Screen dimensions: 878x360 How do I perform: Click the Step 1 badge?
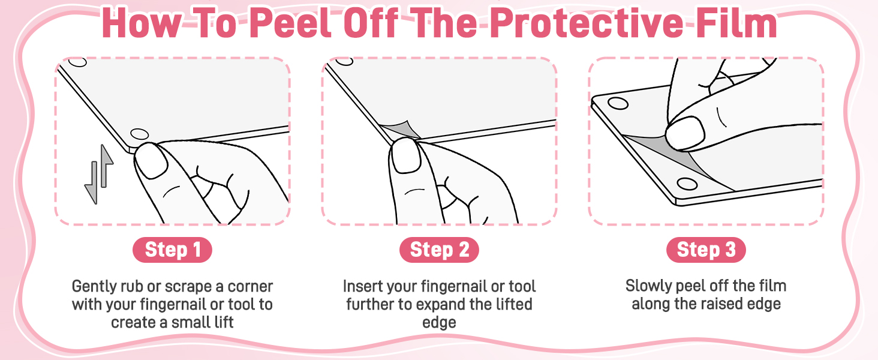[172, 250]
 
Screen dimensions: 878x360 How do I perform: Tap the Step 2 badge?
[439, 250]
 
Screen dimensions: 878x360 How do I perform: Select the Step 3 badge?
[706, 250]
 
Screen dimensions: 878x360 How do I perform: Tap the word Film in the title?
[734, 23]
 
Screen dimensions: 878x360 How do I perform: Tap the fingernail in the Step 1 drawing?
[151, 160]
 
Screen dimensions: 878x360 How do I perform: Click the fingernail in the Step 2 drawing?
[406, 155]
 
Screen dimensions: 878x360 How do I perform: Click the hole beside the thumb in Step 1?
[140, 134]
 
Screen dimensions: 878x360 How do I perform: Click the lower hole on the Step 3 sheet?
[687, 184]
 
